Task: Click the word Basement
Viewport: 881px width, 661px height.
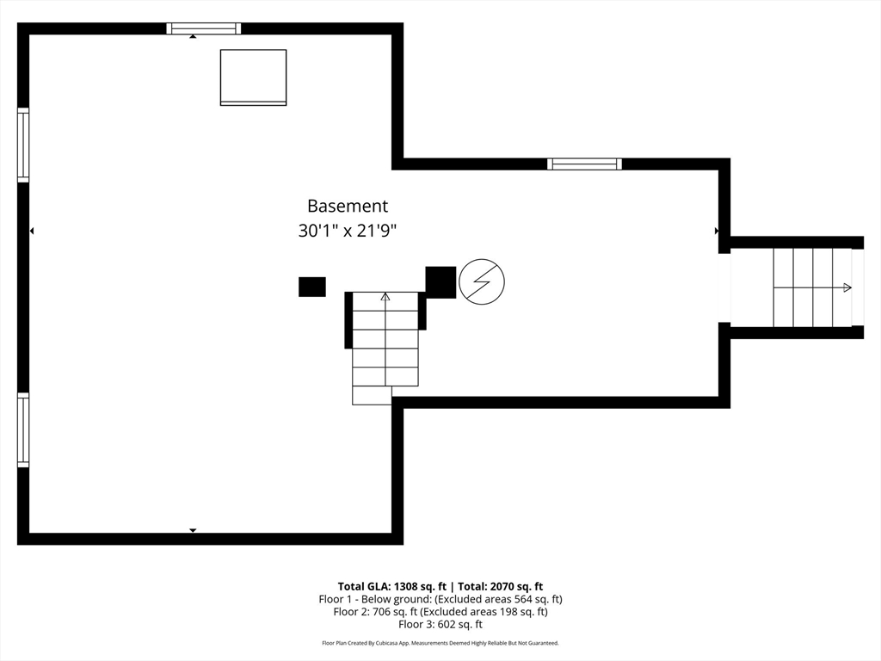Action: coord(348,207)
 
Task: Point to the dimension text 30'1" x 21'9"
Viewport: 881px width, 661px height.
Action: coord(348,232)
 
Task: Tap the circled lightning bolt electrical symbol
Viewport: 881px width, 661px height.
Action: coord(482,281)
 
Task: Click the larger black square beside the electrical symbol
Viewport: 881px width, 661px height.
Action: coord(440,282)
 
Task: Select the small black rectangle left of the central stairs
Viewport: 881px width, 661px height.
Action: coord(312,287)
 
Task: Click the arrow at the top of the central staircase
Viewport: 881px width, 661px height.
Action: coord(385,297)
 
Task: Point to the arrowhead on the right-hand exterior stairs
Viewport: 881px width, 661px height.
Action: coord(848,287)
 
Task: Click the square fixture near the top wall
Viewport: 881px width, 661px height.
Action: coord(253,77)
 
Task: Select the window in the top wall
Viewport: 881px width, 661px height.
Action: coord(204,28)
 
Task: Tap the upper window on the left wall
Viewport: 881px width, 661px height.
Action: coord(23,145)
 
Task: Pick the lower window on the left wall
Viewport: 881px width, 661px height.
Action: coord(23,430)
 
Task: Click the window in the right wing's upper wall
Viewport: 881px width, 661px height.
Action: coord(585,164)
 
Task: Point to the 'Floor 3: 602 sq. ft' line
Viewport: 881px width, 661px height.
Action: coord(440,625)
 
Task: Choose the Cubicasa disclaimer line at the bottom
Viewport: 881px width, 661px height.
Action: coord(440,643)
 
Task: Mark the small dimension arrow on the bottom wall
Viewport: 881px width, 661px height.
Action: coord(193,530)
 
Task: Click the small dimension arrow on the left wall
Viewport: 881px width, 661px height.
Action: coord(32,231)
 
